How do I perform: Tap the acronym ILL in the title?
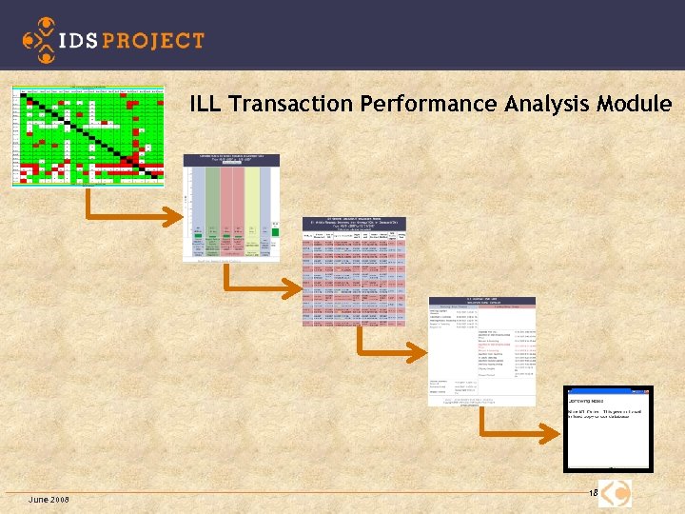click(205, 104)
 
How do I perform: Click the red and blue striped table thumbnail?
click(354, 268)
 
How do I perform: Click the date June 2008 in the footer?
click(49, 501)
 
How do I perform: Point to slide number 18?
click(592, 493)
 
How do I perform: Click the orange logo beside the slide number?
click(616, 493)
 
